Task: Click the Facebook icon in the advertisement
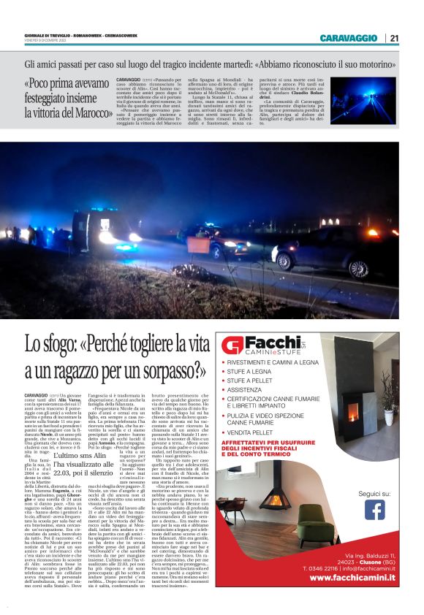tap(374, 509)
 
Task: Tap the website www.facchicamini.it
tap(352, 578)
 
